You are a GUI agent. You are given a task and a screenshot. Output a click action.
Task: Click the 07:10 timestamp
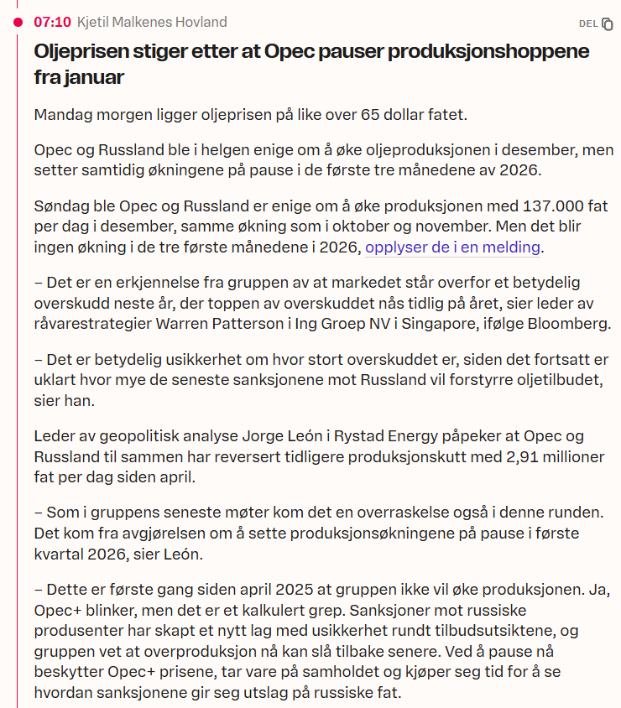(50, 22)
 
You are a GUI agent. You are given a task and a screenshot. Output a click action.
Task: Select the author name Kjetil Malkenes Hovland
(152, 22)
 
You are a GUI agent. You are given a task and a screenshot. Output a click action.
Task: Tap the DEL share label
(588, 23)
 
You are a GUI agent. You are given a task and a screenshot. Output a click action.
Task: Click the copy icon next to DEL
(608, 23)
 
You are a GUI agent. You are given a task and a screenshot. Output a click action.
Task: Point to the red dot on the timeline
(18, 22)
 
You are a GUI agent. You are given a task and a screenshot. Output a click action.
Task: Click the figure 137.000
(498, 206)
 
